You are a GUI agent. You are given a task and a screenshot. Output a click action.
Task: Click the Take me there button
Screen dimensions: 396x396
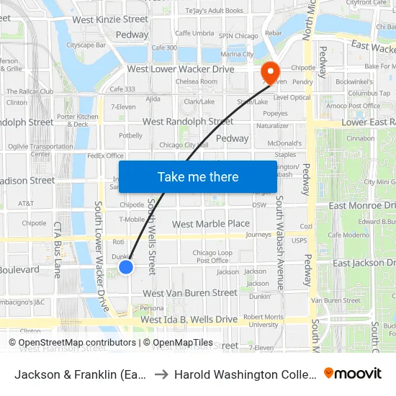pos(198,176)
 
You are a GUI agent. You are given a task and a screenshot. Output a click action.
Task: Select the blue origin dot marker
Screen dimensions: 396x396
pos(126,267)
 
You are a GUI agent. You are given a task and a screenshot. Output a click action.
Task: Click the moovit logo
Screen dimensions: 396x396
pos(352,374)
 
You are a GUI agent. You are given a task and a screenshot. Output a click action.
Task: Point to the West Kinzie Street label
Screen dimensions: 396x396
pos(110,19)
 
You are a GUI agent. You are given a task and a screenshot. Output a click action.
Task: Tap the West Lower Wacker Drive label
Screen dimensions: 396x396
pos(181,69)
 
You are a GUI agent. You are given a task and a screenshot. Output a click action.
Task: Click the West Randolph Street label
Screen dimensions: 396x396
pos(188,122)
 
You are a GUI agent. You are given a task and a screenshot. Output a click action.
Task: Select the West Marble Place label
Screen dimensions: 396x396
pos(211,224)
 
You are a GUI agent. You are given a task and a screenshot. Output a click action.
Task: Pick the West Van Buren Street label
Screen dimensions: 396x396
pos(189,293)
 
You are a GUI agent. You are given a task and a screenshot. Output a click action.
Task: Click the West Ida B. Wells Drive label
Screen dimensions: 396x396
pos(189,319)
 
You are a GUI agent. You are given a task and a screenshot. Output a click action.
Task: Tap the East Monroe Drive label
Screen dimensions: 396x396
pos(361,206)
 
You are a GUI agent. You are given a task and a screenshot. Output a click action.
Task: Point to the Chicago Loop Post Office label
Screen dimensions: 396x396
pos(212,256)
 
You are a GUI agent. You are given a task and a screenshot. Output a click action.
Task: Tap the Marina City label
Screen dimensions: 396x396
pos(238,54)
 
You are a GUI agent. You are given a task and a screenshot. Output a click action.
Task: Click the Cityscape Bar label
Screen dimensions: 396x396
pos(86,45)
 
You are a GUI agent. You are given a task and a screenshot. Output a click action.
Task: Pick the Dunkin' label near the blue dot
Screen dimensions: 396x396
pos(122,256)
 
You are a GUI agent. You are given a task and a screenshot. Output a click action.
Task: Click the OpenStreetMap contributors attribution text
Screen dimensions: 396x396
pos(77,343)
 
